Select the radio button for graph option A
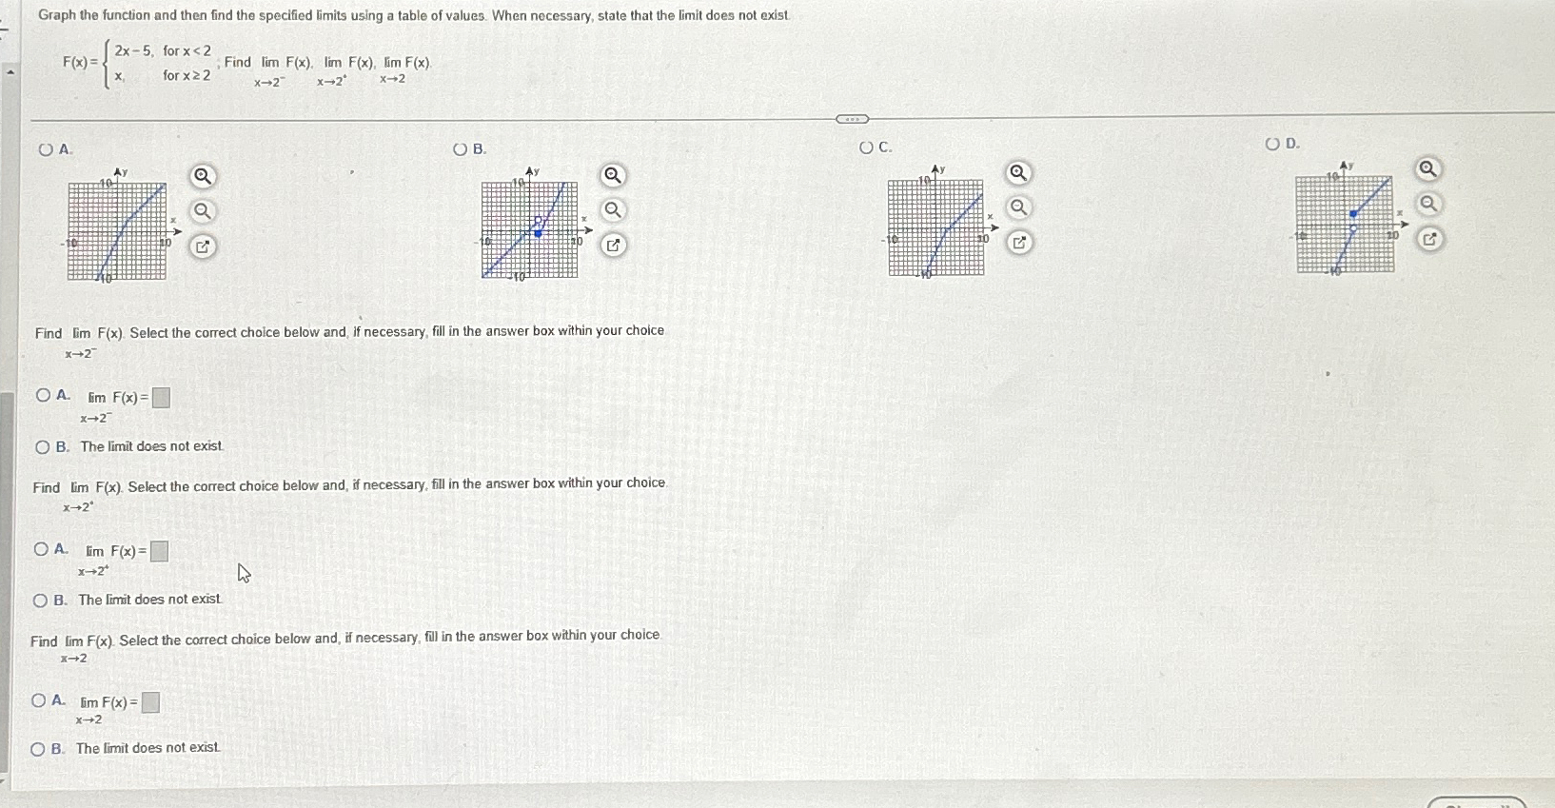coord(46,149)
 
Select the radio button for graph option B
coord(461,149)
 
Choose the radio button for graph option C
coord(866,148)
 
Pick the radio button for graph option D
coord(1272,144)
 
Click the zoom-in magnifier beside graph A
coord(202,176)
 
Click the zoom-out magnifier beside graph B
coord(613,209)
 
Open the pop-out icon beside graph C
coord(1018,243)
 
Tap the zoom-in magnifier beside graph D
coord(1427,169)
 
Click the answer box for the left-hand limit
coord(162,398)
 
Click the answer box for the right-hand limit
coord(160,551)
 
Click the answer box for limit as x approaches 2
coord(150,703)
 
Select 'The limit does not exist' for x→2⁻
coord(42,447)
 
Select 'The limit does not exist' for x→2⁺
coord(40,601)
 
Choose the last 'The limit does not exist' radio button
coord(38,749)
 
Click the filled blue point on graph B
coord(538,233)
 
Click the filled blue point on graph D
coord(1353,214)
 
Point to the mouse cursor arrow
coord(244,572)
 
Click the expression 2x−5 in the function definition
coord(132,50)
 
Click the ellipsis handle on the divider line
coord(852,119)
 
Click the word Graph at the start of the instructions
coord(56,15)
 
